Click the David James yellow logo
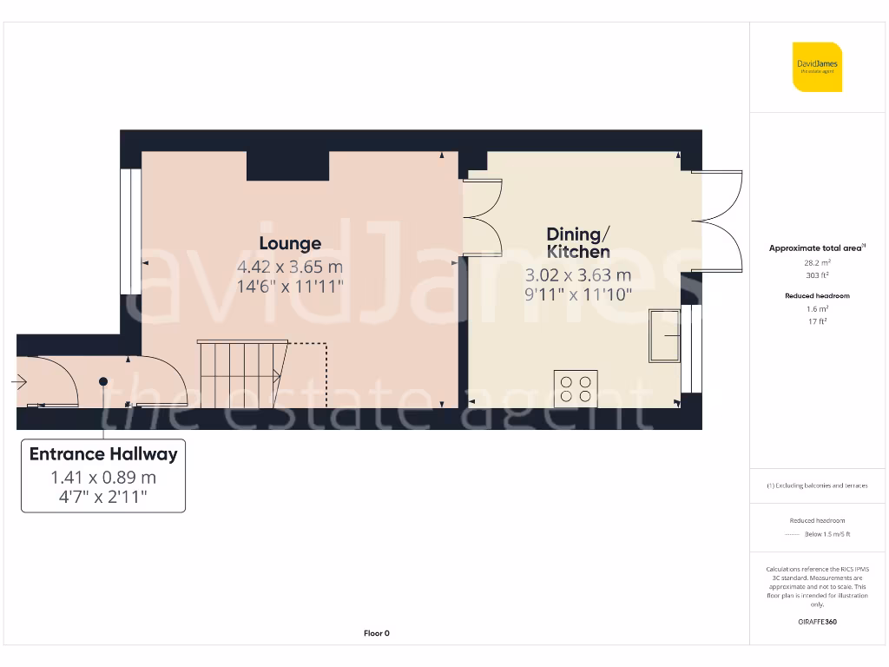click(817, 67)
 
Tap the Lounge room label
click(290, 244)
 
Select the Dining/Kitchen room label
click(578, 243)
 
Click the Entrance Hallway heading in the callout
click(103, 454)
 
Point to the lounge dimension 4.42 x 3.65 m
click(290, 267)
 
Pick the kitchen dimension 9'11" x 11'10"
click(578, 294)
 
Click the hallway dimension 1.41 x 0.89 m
click(103, 478)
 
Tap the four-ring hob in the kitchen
click(576, 387)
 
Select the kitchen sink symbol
click(665, 335)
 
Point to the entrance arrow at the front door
click(19, 381)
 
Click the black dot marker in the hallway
click(103, 381)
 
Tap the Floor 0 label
click(376, 633)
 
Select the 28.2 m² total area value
click(816, 261)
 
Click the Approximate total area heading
click(816, 248)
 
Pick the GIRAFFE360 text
click(816, 622)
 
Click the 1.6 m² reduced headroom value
click(816, 309)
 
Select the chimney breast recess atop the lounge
click(287, 166)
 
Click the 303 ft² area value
click(816, 274)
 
